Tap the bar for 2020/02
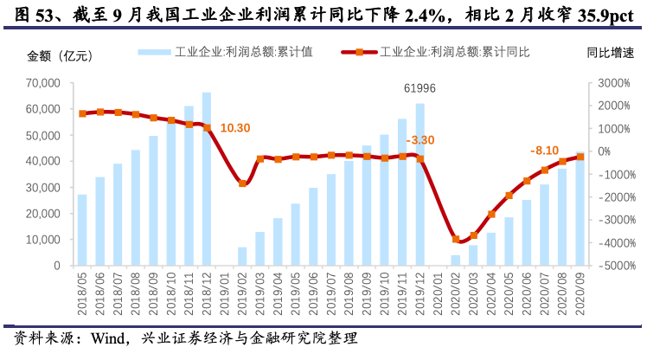click(456, 260)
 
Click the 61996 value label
click(421, 89)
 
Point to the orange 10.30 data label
click(235, 127)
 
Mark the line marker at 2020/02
click(456, 239)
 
